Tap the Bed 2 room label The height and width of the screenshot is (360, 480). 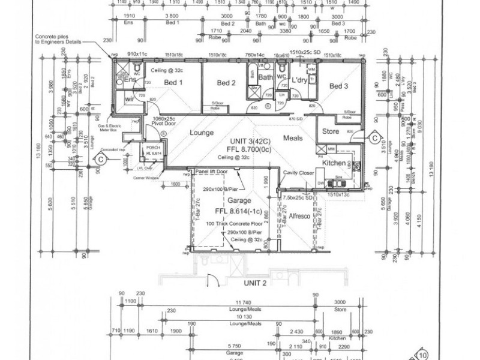(226, 82)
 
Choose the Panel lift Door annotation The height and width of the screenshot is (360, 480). (214, 172)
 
